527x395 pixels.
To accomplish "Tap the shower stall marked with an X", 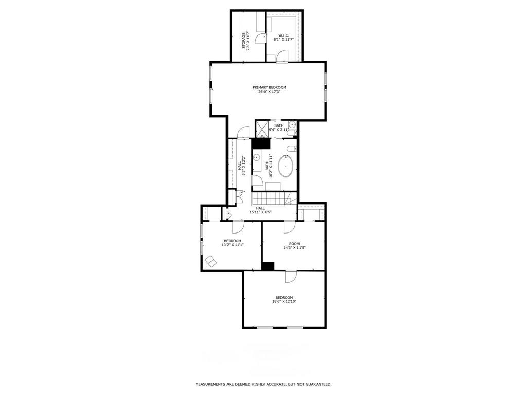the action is [x=262, y=129].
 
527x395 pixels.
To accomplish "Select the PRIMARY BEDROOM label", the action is [x=269, y=87].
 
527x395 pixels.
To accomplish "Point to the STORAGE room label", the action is [x=243, y=40].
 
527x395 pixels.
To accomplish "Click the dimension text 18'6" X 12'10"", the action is [x=284, y=301].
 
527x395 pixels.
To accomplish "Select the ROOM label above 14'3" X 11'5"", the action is [x=294, y=244].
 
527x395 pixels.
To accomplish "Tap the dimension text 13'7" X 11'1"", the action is [x=233, y=245].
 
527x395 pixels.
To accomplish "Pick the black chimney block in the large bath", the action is [x=261, y=144].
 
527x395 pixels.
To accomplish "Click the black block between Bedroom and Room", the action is [x=268, y=266].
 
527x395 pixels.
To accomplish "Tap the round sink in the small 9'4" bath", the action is [x=292, y=124].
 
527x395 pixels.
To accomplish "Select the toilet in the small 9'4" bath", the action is [x=291, y=133].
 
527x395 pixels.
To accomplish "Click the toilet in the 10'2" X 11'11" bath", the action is [x=291, y=148].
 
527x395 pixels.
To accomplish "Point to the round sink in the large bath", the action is [x=257, y=157].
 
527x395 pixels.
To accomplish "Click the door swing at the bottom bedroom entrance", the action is [x=291, y=277].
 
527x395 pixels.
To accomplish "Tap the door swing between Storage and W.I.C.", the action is [x=260, y=38].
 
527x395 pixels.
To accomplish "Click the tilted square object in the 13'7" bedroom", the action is [x=211, y=261].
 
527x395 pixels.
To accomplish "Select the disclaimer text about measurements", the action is [x=263, y=384].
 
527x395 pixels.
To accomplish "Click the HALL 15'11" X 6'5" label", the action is [x=260, y=210].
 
